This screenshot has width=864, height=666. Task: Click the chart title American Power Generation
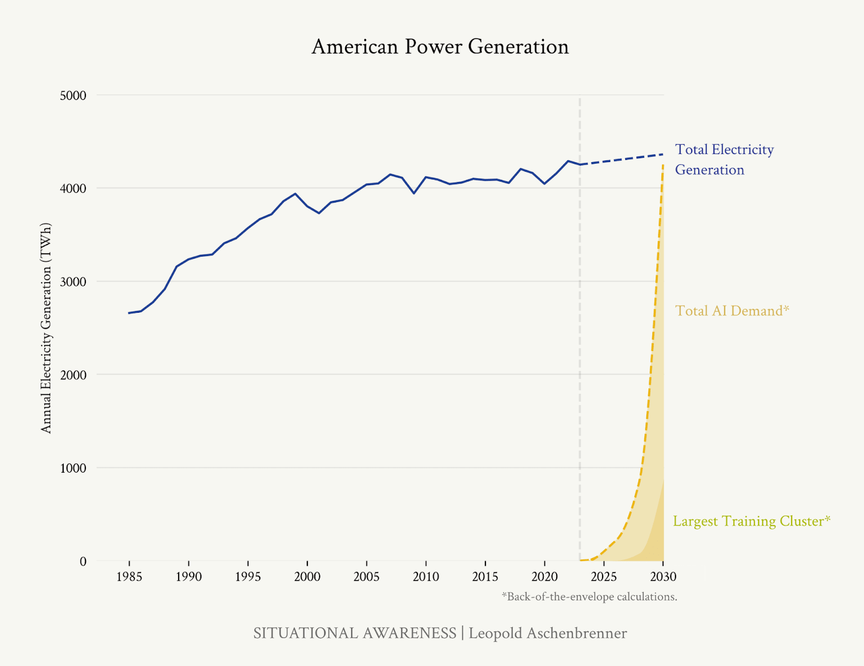pos(440,47)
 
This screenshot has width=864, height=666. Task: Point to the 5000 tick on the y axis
pos(73,96)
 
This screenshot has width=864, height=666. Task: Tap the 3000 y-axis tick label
pos(73,282)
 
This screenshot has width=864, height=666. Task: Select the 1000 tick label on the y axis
pos(73,468)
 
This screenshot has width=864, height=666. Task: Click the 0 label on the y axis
pos(83,562)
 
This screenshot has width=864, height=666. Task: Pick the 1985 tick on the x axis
pos(129,577)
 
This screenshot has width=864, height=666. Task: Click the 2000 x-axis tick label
pos(307,577)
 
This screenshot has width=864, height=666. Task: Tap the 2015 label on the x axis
pos(485,577)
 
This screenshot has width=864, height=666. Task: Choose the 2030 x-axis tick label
pos(663,577)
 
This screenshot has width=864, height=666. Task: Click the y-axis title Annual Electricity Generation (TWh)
pos(46,328)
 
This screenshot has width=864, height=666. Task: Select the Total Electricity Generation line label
pos(724,159)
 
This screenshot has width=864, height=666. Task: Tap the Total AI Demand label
pos(732,311)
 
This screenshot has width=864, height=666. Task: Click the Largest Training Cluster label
pos(751,521)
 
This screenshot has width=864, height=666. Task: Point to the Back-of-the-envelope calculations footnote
pos(589,597)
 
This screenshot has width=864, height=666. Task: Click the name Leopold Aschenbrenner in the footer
pos(548,633)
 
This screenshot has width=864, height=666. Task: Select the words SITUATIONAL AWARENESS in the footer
pos(355,633)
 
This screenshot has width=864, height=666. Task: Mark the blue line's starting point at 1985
pos(129,313)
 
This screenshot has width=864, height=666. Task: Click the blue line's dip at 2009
pos(414,193)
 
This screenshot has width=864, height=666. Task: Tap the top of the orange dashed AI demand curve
pos(663,164)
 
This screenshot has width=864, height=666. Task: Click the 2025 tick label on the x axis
pos(604,577)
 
